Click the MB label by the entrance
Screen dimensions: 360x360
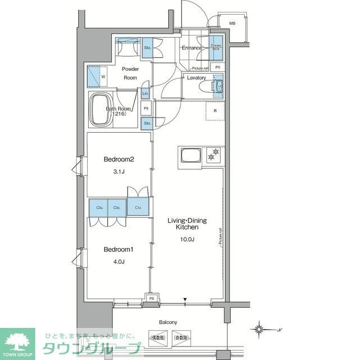click(232, 23)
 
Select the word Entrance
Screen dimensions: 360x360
click(191, 48)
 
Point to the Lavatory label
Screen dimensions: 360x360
click(196, 78)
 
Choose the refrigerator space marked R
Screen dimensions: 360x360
click(215, 111)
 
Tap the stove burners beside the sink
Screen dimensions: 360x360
click(213, 153)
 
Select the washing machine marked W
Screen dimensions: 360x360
click(98, 76)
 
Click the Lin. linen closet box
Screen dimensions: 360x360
click(145, 93)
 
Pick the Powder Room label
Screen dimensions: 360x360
click(130, 74)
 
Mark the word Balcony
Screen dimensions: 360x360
click(168, 322)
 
